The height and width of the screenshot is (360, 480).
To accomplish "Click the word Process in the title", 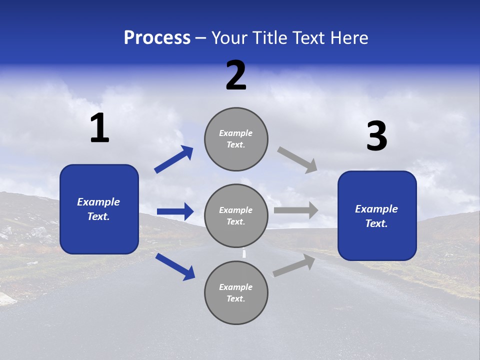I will pos(157,38).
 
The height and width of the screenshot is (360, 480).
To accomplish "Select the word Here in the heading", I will pos(348,38).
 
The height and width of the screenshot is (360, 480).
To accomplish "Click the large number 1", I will pos(99,128).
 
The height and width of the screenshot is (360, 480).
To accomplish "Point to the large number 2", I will pos(236,76).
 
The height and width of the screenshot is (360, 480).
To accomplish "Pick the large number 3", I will pos(376,136).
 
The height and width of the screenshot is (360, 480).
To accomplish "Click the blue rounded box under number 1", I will pos(99,209).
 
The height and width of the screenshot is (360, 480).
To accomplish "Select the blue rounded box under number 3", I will pos(377,216).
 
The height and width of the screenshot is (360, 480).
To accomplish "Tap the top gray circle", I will pos(236,139).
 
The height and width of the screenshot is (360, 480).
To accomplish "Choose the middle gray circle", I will pos(236,215).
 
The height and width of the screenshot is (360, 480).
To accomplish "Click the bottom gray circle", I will pos(236,292).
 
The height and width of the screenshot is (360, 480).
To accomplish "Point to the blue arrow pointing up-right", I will pos(174,159).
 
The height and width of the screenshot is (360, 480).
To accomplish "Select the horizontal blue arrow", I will pos(175,211).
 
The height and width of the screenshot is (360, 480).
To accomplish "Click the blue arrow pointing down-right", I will pos(175,266).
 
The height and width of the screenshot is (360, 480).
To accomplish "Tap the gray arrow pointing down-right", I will pos(297,159).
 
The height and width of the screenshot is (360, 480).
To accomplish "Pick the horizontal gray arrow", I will pos(296,210).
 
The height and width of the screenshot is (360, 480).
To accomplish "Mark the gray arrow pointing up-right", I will pos(294,265).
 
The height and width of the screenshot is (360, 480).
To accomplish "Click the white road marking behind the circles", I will pos(244,253).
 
